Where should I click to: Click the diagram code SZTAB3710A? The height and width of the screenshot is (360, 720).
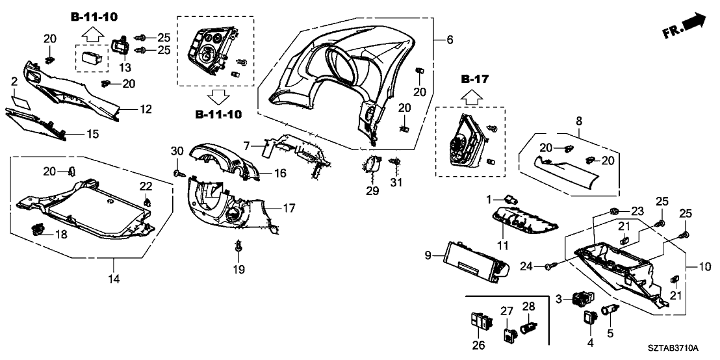coord(681,350)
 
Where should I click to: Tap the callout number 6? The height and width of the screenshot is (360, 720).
coord(450,40)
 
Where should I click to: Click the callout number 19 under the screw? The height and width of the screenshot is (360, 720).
coord(238,269)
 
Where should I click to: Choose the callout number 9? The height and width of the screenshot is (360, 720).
coord(428,256)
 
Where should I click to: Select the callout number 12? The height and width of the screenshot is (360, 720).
coord(146,109)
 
